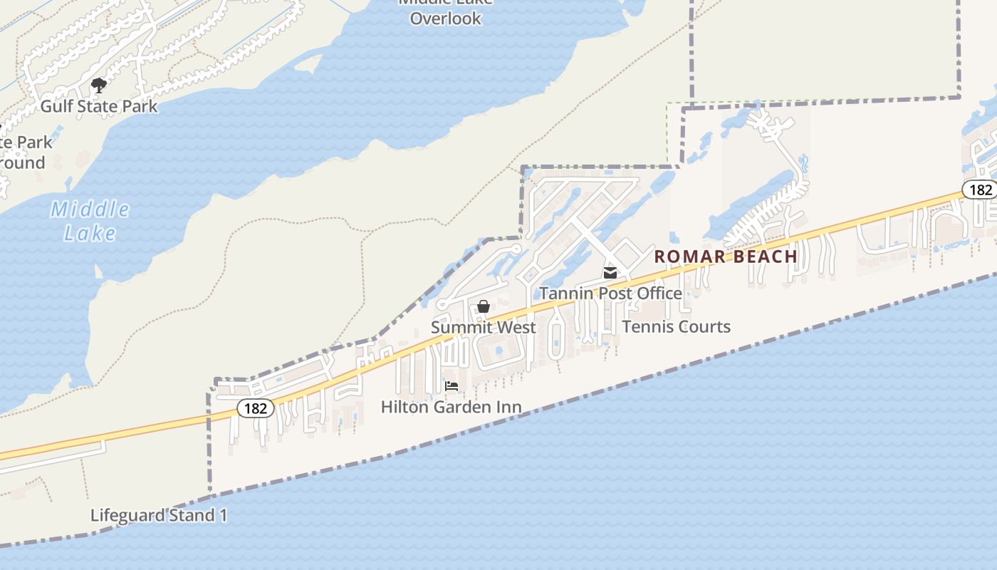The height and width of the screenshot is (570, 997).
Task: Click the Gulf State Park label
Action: [98, 107]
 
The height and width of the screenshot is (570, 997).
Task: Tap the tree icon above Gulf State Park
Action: [99, 85]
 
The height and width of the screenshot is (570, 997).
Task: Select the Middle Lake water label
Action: [90, 221]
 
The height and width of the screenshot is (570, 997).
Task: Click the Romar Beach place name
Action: [726, 256]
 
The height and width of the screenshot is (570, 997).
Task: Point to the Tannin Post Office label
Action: [610, 294]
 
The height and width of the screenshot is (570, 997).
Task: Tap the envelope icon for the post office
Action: [610, 273]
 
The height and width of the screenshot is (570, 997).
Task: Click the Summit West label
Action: [483, 328]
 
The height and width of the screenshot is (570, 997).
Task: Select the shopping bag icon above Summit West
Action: [484, 306]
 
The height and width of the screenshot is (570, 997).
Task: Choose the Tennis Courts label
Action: [676, 327]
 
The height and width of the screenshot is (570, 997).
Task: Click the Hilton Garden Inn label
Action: [451, 408]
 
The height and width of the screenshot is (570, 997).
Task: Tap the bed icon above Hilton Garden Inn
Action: [451, 386]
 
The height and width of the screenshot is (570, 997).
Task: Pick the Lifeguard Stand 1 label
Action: [159, 515]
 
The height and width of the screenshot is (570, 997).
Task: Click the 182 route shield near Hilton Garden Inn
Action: [255, 408]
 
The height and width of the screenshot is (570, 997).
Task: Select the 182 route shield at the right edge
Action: [981, 190]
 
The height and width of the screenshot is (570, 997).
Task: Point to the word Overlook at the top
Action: [446, 19]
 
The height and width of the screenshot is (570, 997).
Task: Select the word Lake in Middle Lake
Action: [90, 233]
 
